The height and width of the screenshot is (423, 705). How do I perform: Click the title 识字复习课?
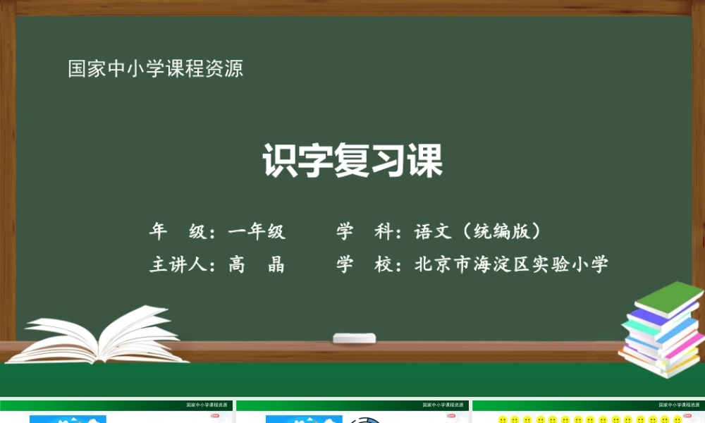(x=352, y=161)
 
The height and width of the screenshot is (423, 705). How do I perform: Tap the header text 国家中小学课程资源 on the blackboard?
(x=156, y=69)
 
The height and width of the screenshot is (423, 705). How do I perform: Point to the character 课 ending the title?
(x=426, y=161)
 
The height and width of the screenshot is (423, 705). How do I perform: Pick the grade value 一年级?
(x=257, y=231)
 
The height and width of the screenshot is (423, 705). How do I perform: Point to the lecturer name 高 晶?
(x=257, y=265)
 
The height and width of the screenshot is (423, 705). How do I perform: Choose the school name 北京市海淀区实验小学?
(x=511, y=265)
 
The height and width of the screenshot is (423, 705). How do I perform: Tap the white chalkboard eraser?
(x=354, y=338)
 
